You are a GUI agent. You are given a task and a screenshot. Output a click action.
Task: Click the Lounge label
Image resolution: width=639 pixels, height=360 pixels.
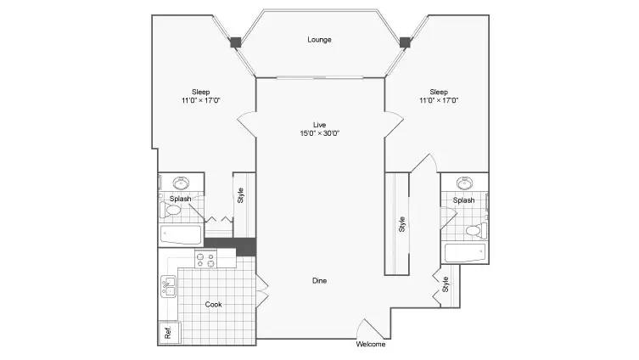click(x=319, y=40)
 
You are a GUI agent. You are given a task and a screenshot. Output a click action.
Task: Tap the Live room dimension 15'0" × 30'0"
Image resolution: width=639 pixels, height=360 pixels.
click(x=319, y=133)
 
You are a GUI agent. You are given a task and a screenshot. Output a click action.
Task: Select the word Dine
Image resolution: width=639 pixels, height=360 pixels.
click(x=319, y=280)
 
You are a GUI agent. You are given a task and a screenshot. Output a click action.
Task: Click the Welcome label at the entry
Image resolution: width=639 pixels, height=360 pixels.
click(x=371, y=344)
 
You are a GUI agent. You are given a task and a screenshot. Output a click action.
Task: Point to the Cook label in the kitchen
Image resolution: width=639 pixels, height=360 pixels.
click(x=213, y=304)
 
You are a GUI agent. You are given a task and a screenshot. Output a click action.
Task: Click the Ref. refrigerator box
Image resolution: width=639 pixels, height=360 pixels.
click(x=168, y=332)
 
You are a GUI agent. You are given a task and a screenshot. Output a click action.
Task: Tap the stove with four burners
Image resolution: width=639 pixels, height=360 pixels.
click(x=205, y=260)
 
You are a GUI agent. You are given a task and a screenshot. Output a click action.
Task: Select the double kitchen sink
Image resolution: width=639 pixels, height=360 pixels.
click(x=168, y=287)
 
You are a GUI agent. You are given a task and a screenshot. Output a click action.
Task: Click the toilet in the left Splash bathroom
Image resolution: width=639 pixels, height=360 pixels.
click(x=171, y=210)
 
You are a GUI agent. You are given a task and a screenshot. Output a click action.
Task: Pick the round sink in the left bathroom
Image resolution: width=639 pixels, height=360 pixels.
click(x=181, y=183)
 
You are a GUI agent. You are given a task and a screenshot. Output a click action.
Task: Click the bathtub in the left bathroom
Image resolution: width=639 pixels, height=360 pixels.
click(x=181, y=235)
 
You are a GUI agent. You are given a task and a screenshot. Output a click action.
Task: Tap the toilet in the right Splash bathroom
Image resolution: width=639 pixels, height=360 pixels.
click(x=476, y=231)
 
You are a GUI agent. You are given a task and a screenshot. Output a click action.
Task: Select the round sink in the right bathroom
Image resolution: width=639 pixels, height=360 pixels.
click(x=464, y=183)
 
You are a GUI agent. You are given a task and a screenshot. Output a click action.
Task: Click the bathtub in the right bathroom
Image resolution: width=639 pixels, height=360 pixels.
click(x=464, y=253)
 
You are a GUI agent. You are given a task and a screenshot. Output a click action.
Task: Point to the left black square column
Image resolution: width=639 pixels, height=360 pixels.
click(x=236, y=42)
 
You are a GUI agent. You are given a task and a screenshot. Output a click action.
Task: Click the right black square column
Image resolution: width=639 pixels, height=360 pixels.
click(x=405, y=42)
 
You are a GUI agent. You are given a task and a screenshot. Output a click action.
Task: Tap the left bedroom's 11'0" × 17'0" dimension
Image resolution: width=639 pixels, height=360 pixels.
click(x=200, y=100)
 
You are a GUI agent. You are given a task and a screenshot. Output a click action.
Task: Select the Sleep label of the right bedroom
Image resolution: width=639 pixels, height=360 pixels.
click(x=439, y=93)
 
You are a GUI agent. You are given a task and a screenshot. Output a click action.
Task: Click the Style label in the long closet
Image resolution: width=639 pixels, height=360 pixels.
click(x=402, y=224)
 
